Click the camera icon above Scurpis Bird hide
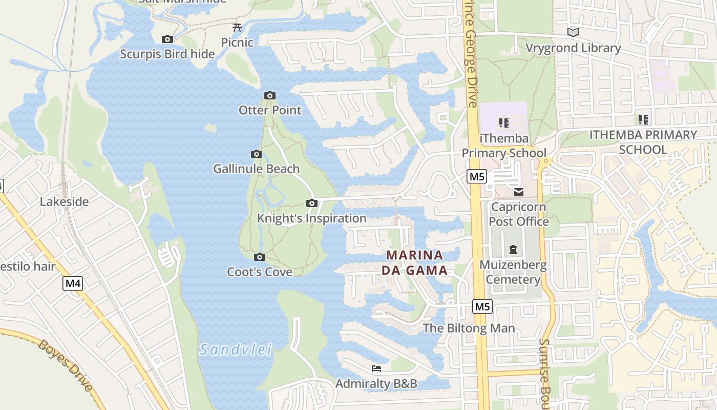tap(167, 39)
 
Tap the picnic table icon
tap(237, 27)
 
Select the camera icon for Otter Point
tap(270, 95)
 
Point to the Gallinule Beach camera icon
tap(257, 154)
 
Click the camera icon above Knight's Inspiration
tap(311, 203)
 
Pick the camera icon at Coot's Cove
tap(260, 257)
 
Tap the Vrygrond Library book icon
tap(573, 33)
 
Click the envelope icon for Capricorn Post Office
tap(518, 192)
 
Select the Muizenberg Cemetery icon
tap(513, 250)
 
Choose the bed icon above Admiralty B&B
tap(376, 368)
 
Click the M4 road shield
tap(73, 283)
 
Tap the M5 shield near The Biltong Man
tap(482, 306)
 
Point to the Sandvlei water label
tap(236, 350)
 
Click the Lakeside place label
tap(65, 201)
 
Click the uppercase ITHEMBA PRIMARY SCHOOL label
tap(643, 142)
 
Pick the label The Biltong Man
tap(469, 328)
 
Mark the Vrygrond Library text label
tap(574, 48)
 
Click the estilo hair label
tap(28, 266)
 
